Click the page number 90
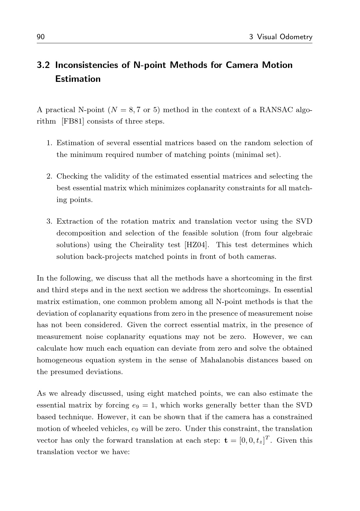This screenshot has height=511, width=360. point(41,37)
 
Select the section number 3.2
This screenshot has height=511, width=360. point(44,65)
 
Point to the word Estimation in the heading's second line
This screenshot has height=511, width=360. point(78,79)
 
